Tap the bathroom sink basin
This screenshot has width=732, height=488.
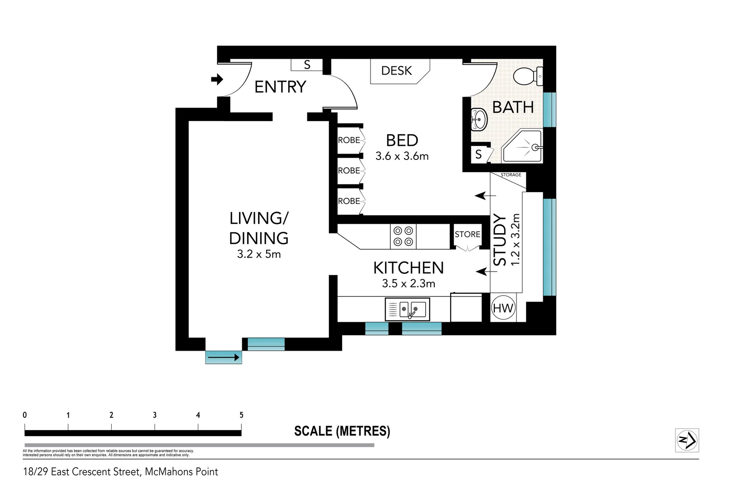click(x=479, y=119)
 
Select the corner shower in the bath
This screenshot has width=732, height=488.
click(x=524, y=147)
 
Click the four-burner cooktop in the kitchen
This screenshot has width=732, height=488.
click(x=403, y=236)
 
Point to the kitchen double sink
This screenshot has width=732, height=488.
click(x=407, y=310)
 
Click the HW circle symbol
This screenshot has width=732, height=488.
click(x=503, y=308)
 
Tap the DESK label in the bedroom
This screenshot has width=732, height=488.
click(x=396, y=70)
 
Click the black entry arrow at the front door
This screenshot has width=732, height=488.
click(x=217, y=80)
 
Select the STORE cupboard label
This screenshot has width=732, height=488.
click(x=467, y=234)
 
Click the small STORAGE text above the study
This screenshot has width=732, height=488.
click(x=511, y=175)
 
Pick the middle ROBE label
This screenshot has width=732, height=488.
click(x=349, y=170)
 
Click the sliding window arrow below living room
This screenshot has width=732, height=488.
click(x=224, y=357)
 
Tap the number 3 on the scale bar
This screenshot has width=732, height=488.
click(x=155, y=415)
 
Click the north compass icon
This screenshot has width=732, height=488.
click(x=687, y=440)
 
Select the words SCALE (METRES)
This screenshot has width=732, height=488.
click(x=342, y=431)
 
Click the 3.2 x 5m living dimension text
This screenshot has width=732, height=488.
click(x=259, y=254)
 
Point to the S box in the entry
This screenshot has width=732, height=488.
click(x=307, y=65)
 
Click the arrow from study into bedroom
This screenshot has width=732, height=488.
click(x=485, y=196)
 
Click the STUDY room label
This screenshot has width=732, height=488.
click(x=499, y=240)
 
